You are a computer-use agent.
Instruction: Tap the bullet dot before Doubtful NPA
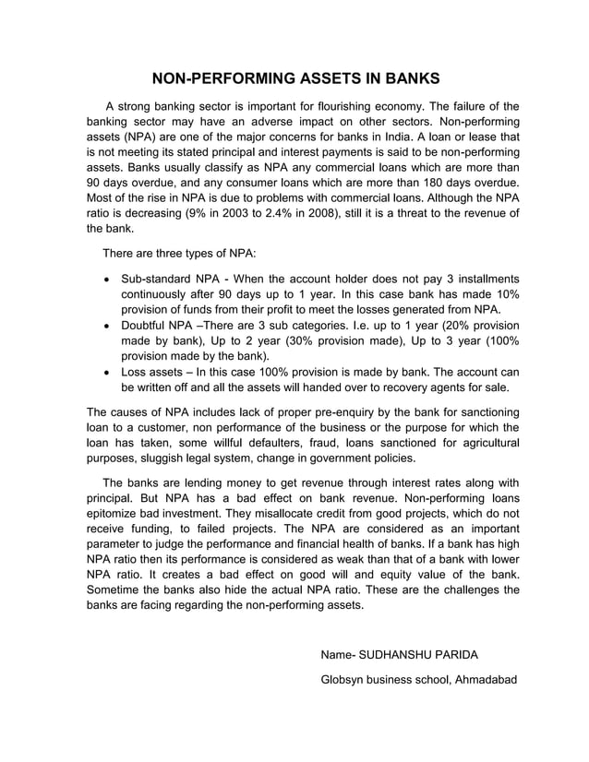(111, 326)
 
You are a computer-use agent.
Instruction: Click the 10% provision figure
(502, 294)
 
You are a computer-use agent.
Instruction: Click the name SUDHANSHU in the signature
(401, 655)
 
